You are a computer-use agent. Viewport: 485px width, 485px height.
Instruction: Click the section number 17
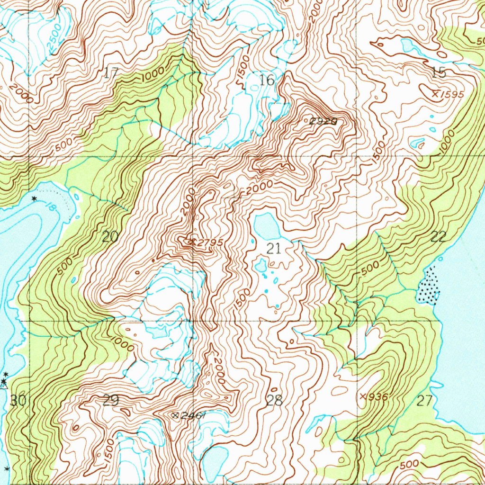(111, 73)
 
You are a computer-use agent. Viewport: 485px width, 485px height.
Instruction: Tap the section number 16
(267, 80)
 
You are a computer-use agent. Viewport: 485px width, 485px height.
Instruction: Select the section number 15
(439, 72)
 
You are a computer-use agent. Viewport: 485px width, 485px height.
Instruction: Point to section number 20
(110, 236)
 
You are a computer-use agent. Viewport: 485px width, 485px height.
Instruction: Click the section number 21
(274, 248)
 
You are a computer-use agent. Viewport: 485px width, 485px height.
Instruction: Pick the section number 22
(439, 237)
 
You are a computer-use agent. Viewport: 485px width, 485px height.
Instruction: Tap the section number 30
(18, 401)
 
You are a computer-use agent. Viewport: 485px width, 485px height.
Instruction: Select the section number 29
(110, 401)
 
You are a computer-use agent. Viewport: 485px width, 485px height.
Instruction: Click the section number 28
(274, 401)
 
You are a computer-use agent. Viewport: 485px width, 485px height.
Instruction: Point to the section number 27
(425, 401)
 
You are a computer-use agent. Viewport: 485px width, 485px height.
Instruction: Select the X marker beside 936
(363, 395)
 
